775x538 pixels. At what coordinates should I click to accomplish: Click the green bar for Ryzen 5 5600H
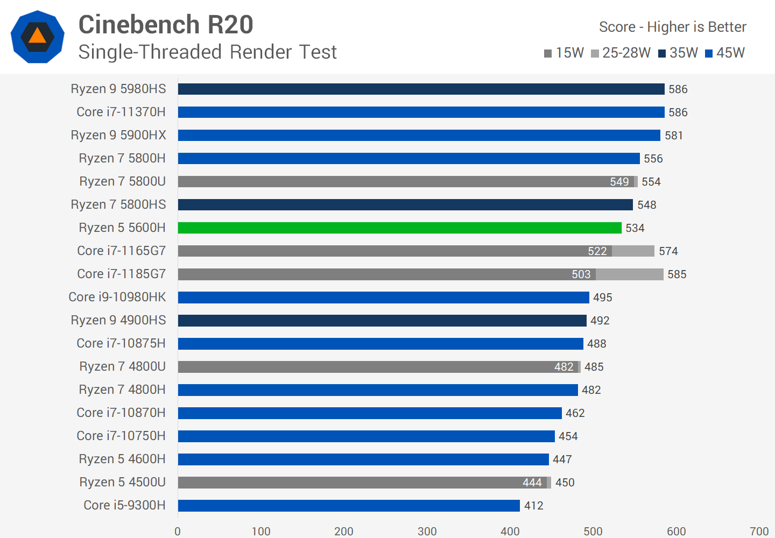pyautogui.click(x=399, y=228)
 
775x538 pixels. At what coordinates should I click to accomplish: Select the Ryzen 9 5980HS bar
pyautogui.click(x=421, y=89)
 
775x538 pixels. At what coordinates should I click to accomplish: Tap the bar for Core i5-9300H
pyautogui.click(x=349, y=505)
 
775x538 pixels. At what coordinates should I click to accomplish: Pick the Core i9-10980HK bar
pyautogui.click(x=383, y=297)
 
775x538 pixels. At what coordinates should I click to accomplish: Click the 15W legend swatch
pyautogui.click(x=548, y=53)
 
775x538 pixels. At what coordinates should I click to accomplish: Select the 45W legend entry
pyautogui.click(x=724, y=53)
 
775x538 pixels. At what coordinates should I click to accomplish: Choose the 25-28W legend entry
pyautogui.click(x=621, y=53)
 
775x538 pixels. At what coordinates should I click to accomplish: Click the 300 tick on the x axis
pyautogui.click(x=427, y=531)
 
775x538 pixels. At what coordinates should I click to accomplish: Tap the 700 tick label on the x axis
pyautogui.click(x=759, y=531)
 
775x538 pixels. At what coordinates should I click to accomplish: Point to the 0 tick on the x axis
pyautogui.click(x=178, y=531)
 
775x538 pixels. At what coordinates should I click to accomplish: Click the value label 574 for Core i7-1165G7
pyautogui.click(x=668, y=251)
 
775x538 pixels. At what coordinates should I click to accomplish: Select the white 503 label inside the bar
pyautogui.click(x=581, y=274)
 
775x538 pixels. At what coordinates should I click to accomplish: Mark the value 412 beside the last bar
pyautogui.click(x=533, y=506)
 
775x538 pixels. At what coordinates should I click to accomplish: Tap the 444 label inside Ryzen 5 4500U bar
pyautogui.click(x=532, y=483)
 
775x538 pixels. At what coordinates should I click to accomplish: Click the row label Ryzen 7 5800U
pyautogui.click(x=122, y=181)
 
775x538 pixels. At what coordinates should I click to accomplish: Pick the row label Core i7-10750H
pyautogui.click(x=121, y=436)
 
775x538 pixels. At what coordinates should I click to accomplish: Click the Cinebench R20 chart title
pyautogui.click(x=166, y=25)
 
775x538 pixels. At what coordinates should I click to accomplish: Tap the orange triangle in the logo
pyautogui.click(x=37, y=36)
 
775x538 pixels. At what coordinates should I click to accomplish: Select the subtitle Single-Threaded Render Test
pyautogui.click(x=207, y=52)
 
